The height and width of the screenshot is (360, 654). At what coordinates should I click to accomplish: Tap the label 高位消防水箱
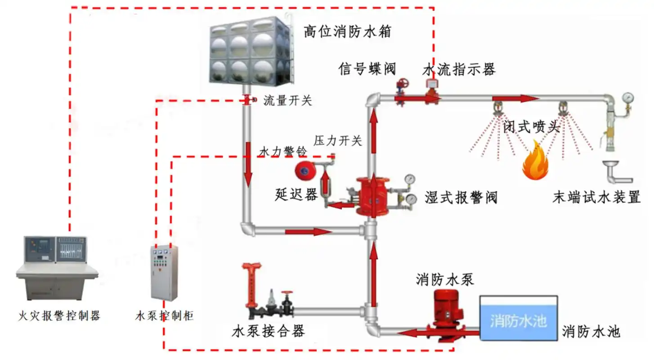pyautogui.click(x=347, y=32)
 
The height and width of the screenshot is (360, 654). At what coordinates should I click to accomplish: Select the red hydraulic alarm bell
pyautogui.click(x=305, y=170)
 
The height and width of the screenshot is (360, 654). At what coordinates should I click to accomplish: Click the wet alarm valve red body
pyautogui.click(x=372, y=196)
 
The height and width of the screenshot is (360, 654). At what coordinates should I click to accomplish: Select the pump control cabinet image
pyautogui.click(x=164, y=273)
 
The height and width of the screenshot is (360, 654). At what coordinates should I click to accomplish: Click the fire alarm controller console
pyautogui.click(x=58, y=268)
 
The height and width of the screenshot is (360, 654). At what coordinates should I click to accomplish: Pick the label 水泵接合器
pyautogui.click(x=268, y=332)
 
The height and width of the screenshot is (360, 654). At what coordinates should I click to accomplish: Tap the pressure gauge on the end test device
pyautogui.click(x=628, y=97)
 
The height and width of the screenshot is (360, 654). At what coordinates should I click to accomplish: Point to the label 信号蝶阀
pyautogui.click(x=367, y=69)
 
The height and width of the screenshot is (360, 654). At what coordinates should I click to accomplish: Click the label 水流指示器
pyautogui.click(x=459, y=69)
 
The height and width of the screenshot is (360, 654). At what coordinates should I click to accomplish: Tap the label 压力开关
pyautogui.click(x=338, y=141)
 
